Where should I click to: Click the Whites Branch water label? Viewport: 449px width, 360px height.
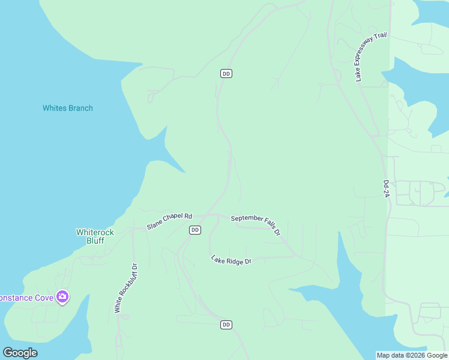(x=67, y=108)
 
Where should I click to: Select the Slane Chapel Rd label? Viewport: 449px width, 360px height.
(x=169, y=221)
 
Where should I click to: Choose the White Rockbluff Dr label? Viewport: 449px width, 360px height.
(x=125, y=288)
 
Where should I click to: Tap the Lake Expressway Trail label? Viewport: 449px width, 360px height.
(x=371, y=57)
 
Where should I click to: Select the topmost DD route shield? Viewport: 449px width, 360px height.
(x=226, y=74)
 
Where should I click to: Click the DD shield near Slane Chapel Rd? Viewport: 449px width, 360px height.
(x=194, y=230)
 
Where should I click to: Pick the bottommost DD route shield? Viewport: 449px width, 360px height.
(x=226, y=325)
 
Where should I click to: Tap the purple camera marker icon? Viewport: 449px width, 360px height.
(x=62, y=297)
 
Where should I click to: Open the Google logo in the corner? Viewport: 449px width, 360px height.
(x=20, y=353)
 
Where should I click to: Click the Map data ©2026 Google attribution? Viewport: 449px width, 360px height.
(x=412, y=355)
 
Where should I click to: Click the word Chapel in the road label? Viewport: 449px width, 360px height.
(x=173, y=220)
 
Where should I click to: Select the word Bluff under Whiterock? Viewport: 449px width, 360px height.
(x=94, y=241)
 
